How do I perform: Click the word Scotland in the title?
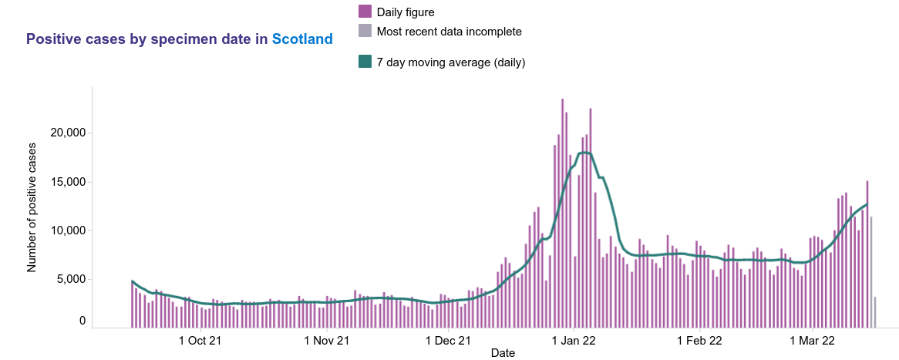pyautogui.click(x=302, y=39)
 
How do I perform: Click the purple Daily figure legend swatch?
pyautogui.click(x=365, y=12)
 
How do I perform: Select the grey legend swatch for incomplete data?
pyautogui.click(x=365, y=32)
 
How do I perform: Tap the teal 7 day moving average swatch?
pyautogui.click(x=365, y=62)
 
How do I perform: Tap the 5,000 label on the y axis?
pyautogui.click(x=70, y=279)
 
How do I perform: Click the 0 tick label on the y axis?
pyautogui.click(x=82, y=321)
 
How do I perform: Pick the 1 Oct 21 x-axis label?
pyautogui.click(x=200, y=340)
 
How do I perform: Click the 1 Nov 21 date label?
pyautogui.click(x=327, y=340)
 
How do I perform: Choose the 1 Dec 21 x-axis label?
pyautogui.click(x=449, y=340)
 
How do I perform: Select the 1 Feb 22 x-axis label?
pyautogui.click(x=700, y=340)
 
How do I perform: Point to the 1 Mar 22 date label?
pyautogui.click(x=813, y=340)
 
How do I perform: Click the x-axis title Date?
pyautogui.click(x=503, y=353)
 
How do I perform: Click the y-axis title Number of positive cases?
pyautogui.click(x=32, y=207)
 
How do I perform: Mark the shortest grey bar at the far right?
pyautogui.click(x=875, y=311)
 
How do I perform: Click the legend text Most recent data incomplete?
pyautogui.click(x=449, y=32)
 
